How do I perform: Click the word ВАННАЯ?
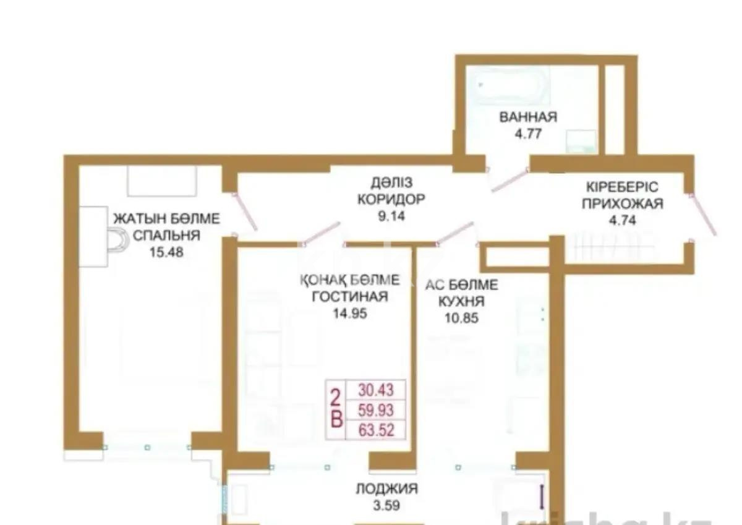[528, 117]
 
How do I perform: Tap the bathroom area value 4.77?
[528, 133]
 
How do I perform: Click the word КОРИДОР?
[391, 200]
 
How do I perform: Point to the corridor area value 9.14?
[391, 217]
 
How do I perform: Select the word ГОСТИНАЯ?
[350, 297]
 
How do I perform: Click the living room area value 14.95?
[350, 314]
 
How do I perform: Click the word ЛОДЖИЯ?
[386, 489]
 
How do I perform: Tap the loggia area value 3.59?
[386, 505]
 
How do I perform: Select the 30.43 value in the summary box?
[375, 390]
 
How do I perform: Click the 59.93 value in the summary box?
[375, 409]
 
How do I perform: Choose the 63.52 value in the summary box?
[375, 429]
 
